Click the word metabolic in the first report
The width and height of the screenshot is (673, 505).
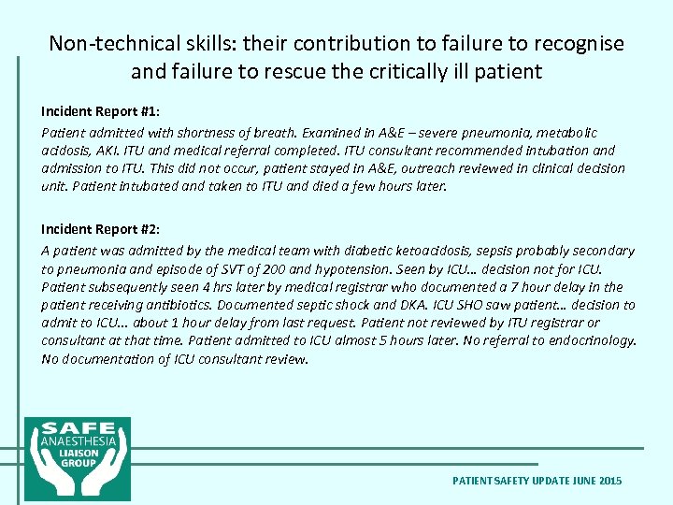pos(565,133)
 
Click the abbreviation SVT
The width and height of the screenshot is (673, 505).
pos(246,268)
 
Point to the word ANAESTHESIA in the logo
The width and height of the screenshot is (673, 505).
pos(77,440)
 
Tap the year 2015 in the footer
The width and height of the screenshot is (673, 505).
pos(609,481)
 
